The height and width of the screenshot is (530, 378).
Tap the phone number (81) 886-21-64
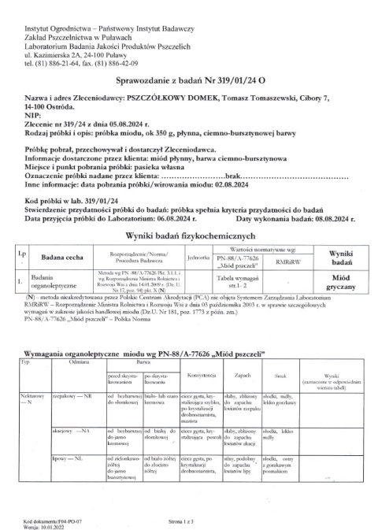(x=65, y=64)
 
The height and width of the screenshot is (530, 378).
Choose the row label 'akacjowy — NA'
(x=72, y=432)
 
